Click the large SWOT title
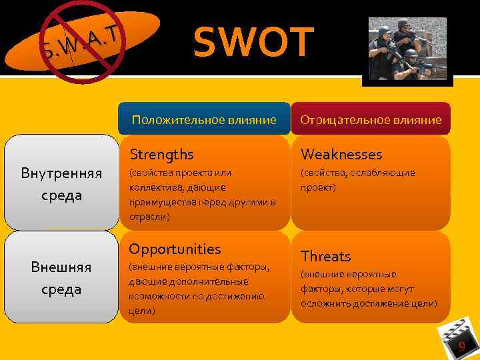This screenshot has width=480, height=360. coord(253,42)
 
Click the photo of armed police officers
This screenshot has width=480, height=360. coord(407,49)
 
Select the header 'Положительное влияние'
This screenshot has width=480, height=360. coord(204,120)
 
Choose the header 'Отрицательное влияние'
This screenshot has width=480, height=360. coord(371,120)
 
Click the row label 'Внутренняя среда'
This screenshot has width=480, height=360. coord(61,184)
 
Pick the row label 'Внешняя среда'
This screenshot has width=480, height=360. coord(61,278)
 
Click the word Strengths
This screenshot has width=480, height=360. coord(161,155)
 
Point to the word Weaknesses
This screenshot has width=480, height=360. coord(341,155)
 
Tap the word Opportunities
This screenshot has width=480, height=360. coord(175,249)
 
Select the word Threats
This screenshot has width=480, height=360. coord(325,257)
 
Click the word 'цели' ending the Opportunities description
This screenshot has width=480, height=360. coord(139,311)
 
